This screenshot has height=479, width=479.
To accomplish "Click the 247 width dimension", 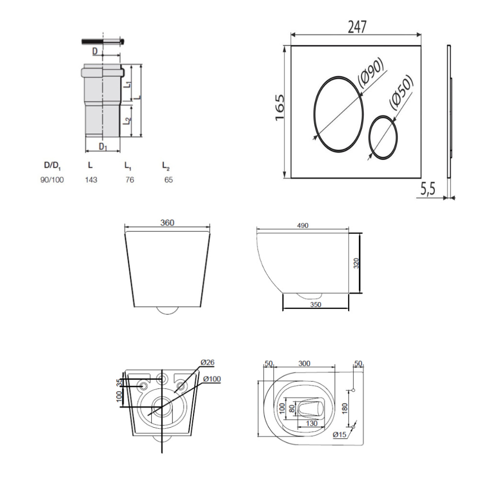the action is click(357, 27).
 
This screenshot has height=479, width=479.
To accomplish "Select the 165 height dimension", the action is click(280, 107).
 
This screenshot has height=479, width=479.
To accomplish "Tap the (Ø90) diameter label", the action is click(371, 73).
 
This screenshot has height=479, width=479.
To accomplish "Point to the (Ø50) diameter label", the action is click(401, 91).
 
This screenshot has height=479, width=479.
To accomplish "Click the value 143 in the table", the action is click(91, 180).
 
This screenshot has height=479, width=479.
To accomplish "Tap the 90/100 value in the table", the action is click(52, 180).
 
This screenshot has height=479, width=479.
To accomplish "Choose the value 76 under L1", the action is click(130, 180).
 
